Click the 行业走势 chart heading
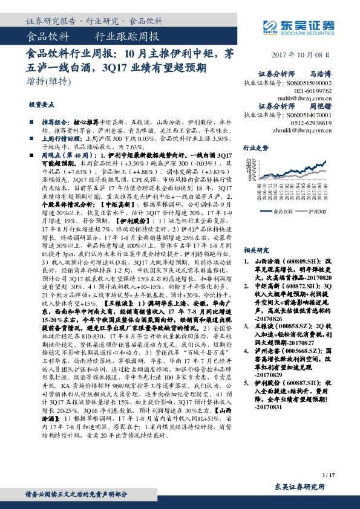click(x=256, y=147)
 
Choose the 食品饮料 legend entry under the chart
click(x=283, y=212)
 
